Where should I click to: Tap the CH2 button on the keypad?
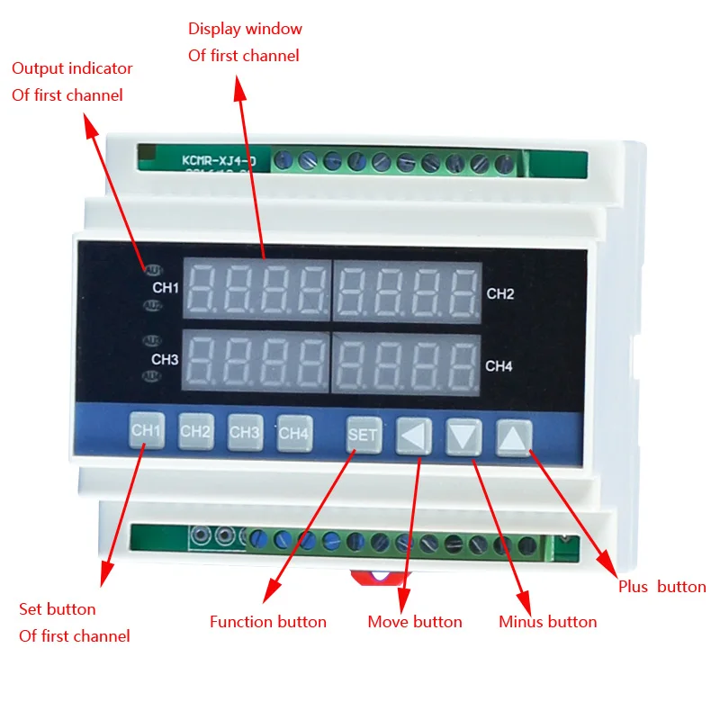(195, 431)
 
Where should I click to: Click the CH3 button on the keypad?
(245, 431)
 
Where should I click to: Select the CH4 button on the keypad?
(293, 432)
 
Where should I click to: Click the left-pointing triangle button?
(413, 436)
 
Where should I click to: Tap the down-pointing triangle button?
(463, 437)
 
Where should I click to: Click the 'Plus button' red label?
(661, 587)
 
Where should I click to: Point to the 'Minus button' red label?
(547, 622)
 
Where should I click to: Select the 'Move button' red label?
(415, 622)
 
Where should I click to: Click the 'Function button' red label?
(268, 622)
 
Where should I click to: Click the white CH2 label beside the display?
(500, 293)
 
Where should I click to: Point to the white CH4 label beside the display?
(499, 366)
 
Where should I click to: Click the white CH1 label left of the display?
(166, 288)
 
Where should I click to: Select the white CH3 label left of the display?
(165, 360)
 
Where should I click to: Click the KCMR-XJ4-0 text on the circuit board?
(219, 160)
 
